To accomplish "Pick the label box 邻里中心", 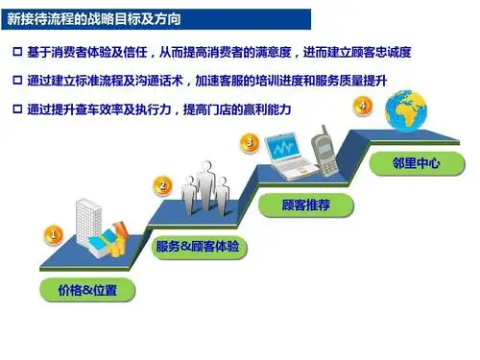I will (416, 163).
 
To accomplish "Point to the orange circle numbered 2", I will (163, 185).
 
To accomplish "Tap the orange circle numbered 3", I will (251, 143).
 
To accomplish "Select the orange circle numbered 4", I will (364, 105).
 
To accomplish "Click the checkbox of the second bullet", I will (17, 81).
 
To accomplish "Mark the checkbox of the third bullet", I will (17, 110).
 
